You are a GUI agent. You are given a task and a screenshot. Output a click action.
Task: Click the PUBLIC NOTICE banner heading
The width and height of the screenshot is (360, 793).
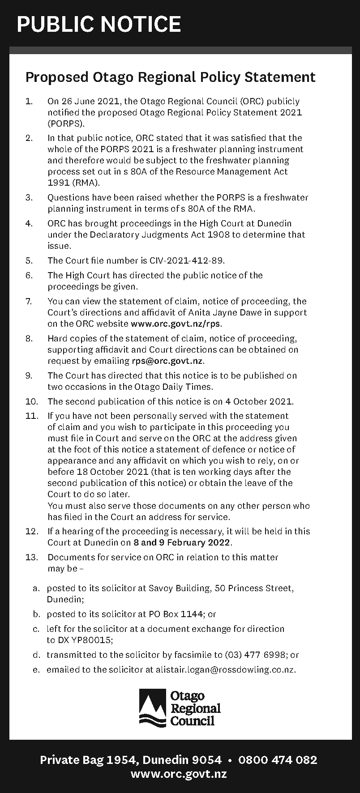click(x=99, y=24)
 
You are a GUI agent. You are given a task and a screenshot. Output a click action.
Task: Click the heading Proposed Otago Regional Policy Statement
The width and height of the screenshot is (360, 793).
click(x=170, y=77)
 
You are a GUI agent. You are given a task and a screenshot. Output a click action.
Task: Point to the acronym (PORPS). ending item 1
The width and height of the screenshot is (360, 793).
click(x=66, y=124)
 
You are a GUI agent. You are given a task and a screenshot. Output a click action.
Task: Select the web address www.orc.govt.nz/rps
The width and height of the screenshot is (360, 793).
click(x=176, y=324)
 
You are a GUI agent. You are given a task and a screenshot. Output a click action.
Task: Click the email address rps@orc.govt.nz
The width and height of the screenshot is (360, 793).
click(x=167, y=361)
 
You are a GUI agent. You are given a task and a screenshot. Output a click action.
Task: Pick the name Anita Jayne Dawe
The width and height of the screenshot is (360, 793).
click(x=230, y=312)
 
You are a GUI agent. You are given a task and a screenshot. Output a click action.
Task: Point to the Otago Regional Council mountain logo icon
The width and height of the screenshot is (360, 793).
click(x=152, y=708)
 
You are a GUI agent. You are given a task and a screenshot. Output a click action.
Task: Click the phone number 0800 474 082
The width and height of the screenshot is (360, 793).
click(x=278, y=760)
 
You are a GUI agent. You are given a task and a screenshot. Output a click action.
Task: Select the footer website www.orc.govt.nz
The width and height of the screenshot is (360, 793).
click(x=179, y=774)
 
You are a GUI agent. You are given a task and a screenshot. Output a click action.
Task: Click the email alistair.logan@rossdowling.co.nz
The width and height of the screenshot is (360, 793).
click(x=225, y=670)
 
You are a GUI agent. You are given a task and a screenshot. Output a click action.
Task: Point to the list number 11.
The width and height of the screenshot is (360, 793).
click(x=31, y=416)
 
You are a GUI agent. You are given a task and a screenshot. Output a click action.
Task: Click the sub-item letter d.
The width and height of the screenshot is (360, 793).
click(x=36, y=655)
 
